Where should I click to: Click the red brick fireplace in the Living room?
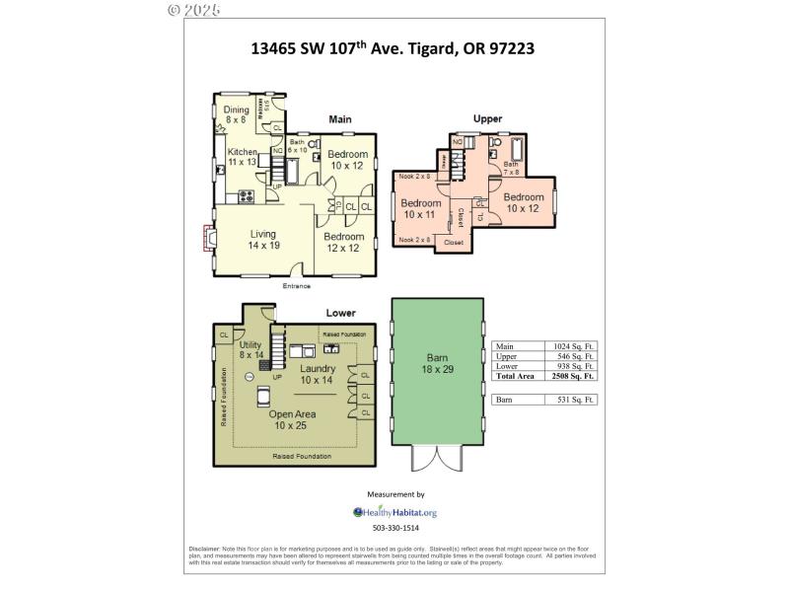click(x=208, y=239)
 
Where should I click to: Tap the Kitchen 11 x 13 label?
click(x=242, y=156)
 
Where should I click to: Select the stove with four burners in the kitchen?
click(x=247, y=194)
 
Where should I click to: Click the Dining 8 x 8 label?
click(x=236, y=114)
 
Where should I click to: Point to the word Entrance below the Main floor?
click(x=296, y=286)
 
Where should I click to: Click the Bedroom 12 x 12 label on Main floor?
click(x=344, y=242)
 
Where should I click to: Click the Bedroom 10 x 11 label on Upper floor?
click(x=418, y=209)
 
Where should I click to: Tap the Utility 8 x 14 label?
click(x=251, y=349)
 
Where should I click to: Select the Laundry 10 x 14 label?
click(x=318, y=374)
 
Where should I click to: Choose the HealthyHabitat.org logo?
click(x=394, y=512)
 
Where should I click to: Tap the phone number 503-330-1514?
click(x=394, y=529)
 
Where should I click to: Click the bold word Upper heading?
click(x=487, y=118)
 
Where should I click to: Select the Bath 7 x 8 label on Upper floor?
click(x=511, y=168)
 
